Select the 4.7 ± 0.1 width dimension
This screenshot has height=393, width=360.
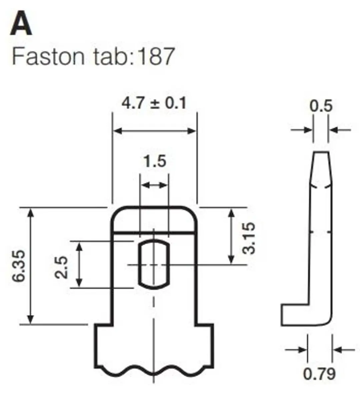(x=154, y=103)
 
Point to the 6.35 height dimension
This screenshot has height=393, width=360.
(x=19, y=266)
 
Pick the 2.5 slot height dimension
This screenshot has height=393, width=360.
(x=61, y=267)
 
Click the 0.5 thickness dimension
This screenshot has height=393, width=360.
(x=321, y=106)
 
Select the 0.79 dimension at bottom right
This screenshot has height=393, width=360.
(x=319, y=374)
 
